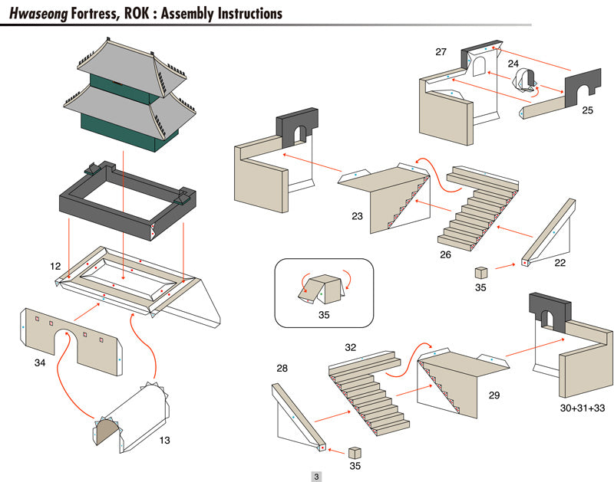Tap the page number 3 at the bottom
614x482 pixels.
pyautogui.click(x=315, y=476)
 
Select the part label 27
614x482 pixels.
pyautogui.click(x=441, y=52)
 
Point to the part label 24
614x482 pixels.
pyautogui.click(x=513, y=64)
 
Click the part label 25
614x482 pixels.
pyautogui.click(x=587, y=110)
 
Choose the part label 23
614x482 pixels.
pyautogui.click(x=357, y=216)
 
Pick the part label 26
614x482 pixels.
pyautogui.click(x=444, y=254)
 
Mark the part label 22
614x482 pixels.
pyautogui.click(x=560, y=262)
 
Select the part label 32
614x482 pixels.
pyautogui.click(x=351, y=347)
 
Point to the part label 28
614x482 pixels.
pyautogui.click(x=282, y=369)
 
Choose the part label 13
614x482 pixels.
pyautogui.click(x=165, y=440)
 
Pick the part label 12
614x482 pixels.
pyautogui.click(x=55, y=266)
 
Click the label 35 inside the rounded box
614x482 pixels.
pyautogui.click(x=323, y=313)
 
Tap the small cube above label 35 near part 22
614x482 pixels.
pyautogui.click(x=481, y=272)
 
